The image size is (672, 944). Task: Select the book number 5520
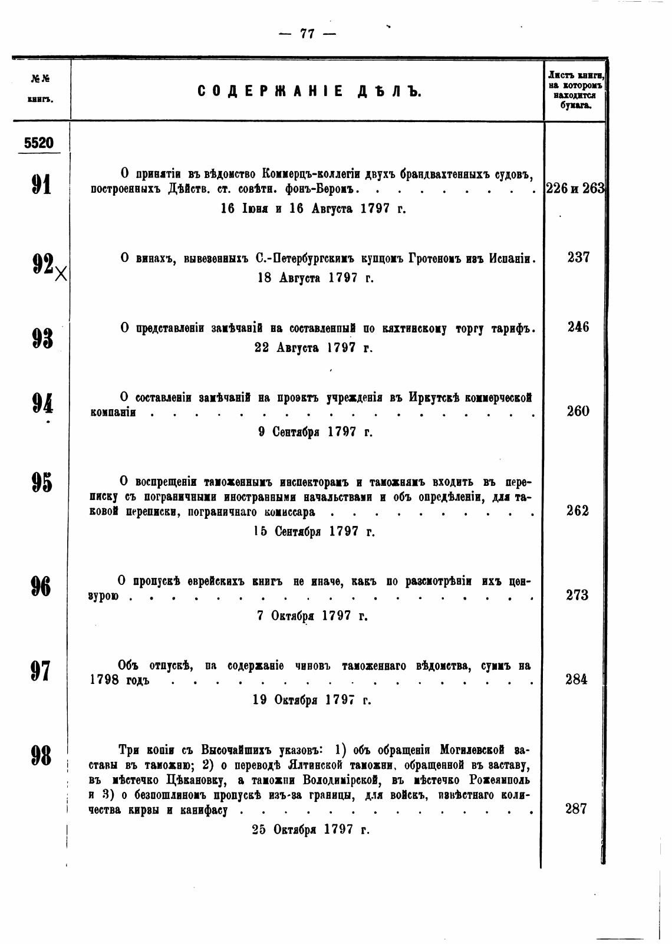tap(39, 143)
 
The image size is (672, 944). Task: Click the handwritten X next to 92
tap(60, 273)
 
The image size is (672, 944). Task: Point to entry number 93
tap(41, 338)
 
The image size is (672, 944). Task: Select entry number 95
tap(41, 482)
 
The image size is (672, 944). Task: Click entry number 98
tap(41, 755)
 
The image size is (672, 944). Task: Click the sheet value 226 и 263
tap(575, 189)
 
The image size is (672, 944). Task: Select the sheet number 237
tap(578, 258)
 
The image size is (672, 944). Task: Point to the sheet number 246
tap(578, 327)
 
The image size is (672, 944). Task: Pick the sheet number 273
tap(577, 596)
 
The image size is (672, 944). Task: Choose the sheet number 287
tap(576, 809)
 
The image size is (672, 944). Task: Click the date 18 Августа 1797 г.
tap(316, 278)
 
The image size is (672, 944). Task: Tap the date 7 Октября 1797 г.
tap(312, 616)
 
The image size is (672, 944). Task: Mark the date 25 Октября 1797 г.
tap(311, 830)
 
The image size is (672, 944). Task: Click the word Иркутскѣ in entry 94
tap(430, 397)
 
